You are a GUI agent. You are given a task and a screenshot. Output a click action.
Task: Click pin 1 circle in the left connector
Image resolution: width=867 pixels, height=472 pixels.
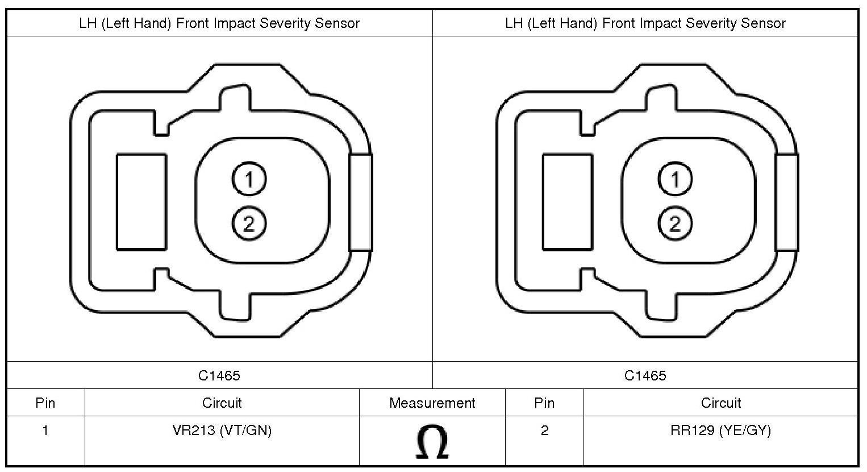click(x=249, y=179)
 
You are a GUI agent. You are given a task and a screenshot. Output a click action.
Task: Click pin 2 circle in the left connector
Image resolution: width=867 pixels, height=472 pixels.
click(x=249, y=223)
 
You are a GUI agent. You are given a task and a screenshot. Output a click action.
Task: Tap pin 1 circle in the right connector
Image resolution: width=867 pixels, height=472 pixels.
click(x=675, y=179)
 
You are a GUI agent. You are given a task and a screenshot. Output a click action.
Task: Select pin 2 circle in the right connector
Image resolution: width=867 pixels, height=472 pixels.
click(x=675, y=223)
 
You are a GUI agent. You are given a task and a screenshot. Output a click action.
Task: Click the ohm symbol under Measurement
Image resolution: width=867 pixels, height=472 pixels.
click(x=432, y=442)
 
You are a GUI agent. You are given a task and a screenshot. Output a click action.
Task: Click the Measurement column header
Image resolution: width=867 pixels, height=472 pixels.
click(x=432, y=403)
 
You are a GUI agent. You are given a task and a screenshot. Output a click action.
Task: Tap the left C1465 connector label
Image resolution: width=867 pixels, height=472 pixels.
click(x=219, y=375)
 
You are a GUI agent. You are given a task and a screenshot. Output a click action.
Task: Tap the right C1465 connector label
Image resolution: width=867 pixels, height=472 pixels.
click(x=645, y=375)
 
